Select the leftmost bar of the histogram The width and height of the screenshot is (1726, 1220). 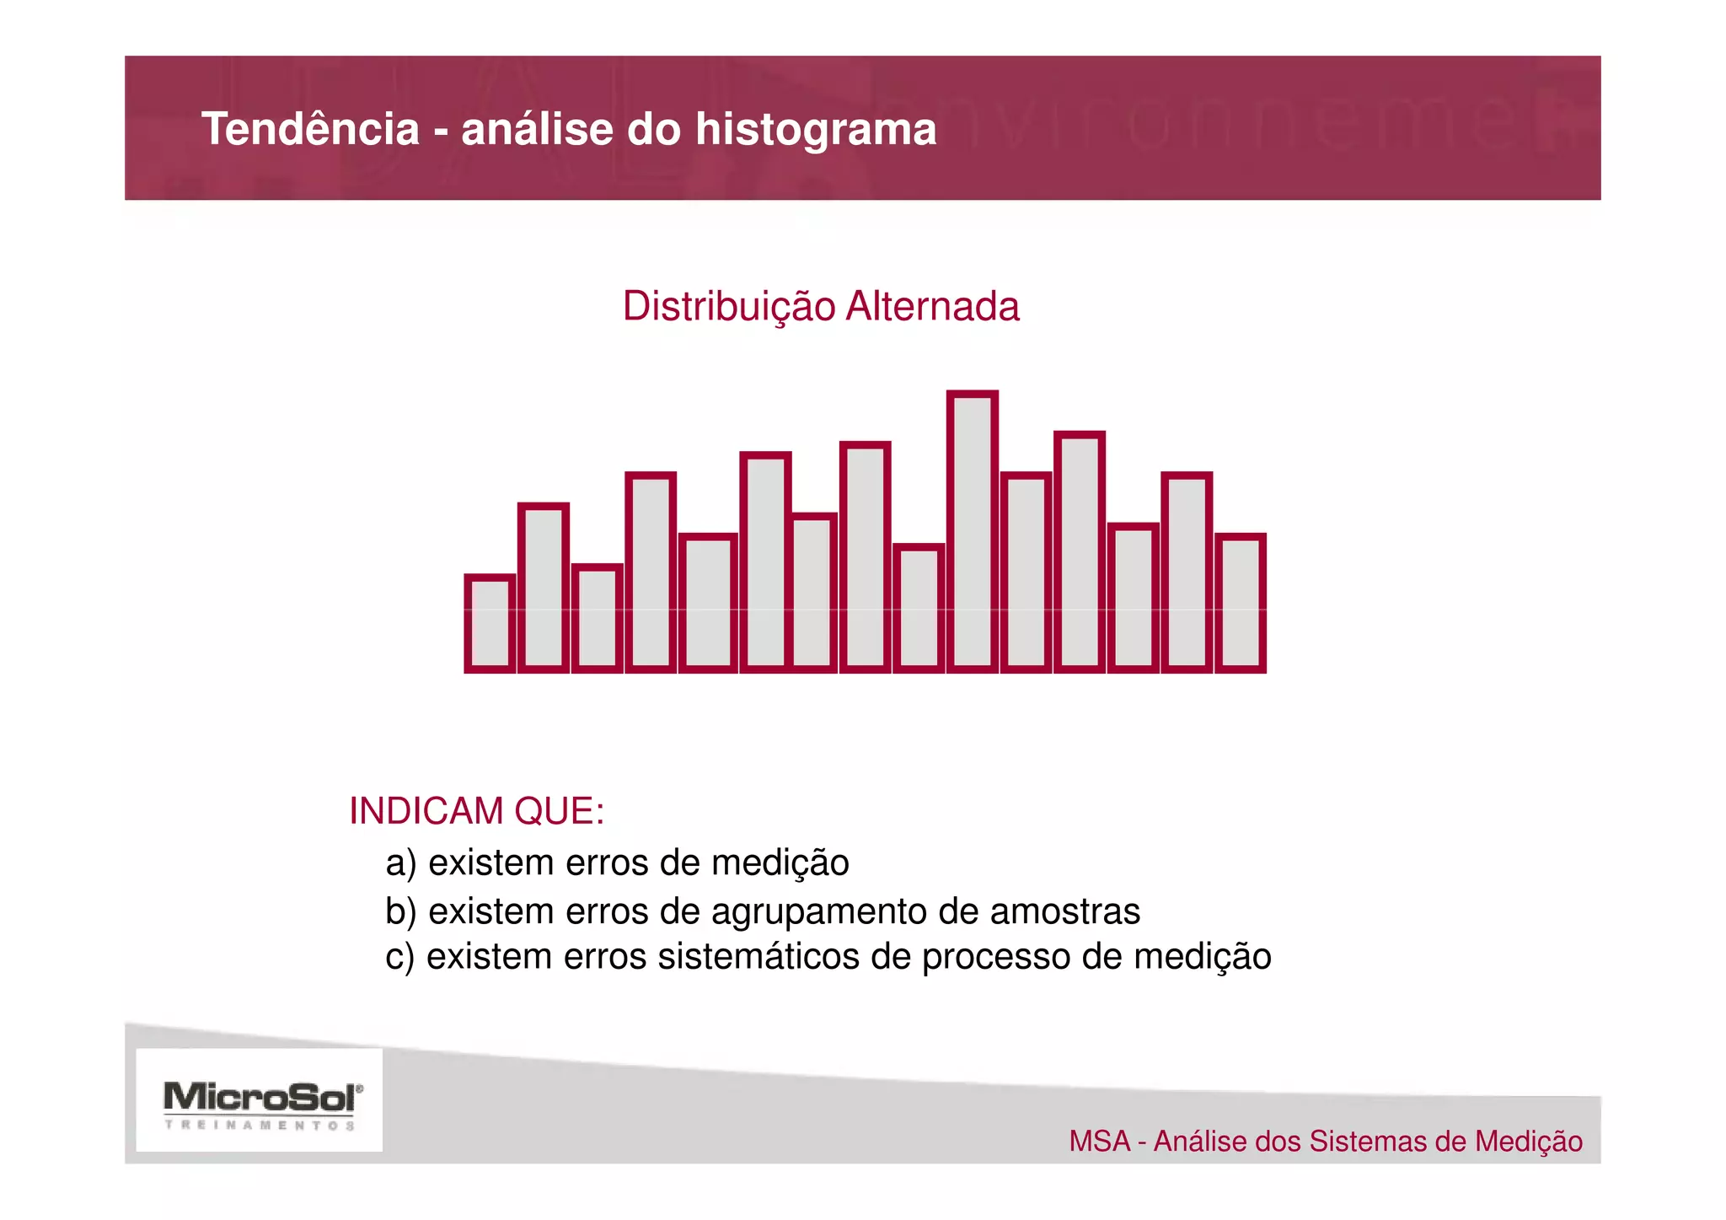click(490, 624)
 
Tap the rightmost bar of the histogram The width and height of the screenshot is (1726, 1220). click(1241, 603)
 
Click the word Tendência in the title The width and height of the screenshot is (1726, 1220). click(310, 129)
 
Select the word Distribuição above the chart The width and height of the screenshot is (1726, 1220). click(729, 306)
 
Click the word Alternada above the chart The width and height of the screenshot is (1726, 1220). click(932, 306)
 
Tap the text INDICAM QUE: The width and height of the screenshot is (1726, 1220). click(476, 811)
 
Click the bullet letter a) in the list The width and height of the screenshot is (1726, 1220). click(401, 863)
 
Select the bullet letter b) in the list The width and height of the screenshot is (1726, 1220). click(401, 911)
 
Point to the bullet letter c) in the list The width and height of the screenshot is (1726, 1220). click(400, 957)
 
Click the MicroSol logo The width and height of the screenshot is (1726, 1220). click(262, 1097)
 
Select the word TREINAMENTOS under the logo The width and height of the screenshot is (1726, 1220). click(260, 1125)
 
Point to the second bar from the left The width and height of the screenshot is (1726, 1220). click(544, 588)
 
